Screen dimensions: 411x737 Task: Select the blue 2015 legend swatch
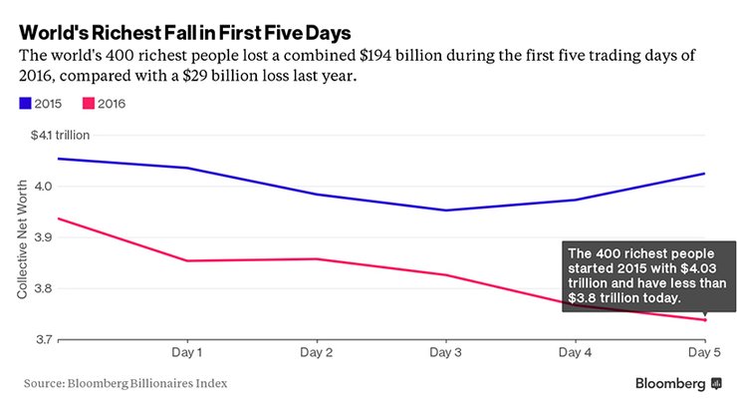(25, 103)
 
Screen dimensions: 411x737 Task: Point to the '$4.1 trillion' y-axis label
(60, 136)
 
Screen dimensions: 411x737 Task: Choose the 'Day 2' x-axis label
(316, 353)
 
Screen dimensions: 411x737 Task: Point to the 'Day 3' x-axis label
(444, 353)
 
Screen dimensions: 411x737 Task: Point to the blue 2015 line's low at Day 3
(444, 210)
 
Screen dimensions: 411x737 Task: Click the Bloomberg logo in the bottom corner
(678, 382)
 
